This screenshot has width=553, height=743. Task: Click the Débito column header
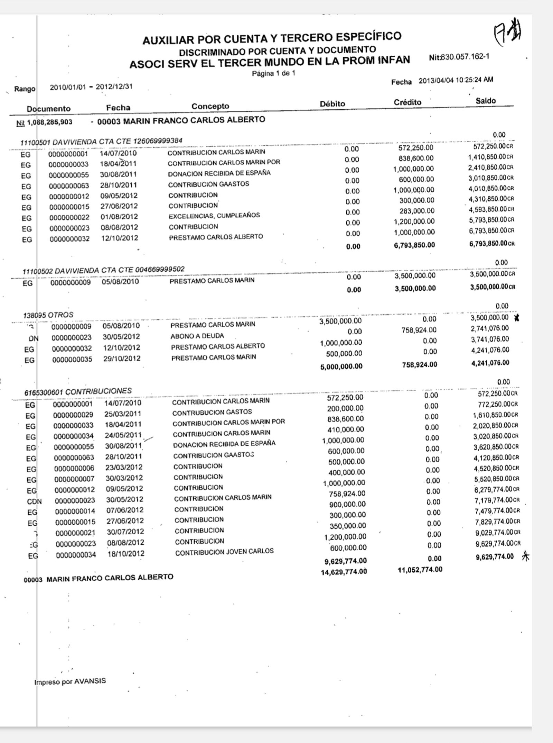click(x=332, y=104)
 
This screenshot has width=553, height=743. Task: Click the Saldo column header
click(x=485, y=101)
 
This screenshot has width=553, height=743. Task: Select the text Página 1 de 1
click(x=273, y=73)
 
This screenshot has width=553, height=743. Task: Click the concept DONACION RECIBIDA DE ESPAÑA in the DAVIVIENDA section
click(x=219, y=173)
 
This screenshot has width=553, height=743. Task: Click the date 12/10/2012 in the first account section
click(x=120, y=238)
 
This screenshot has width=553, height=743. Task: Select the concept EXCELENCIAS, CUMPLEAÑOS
click(x=214, y=216)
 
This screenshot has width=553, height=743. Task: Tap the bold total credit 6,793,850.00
click(x=414, y=245)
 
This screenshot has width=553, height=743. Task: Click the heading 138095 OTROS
click(x=48, y=315)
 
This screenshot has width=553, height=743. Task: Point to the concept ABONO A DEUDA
click(x=197, y=336)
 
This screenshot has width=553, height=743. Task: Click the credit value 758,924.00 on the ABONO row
click(x=419, y=330)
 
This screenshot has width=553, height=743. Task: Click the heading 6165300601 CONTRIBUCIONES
click(x=78, y=392)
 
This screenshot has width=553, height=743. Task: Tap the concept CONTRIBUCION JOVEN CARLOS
click(x=225, y=552)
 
